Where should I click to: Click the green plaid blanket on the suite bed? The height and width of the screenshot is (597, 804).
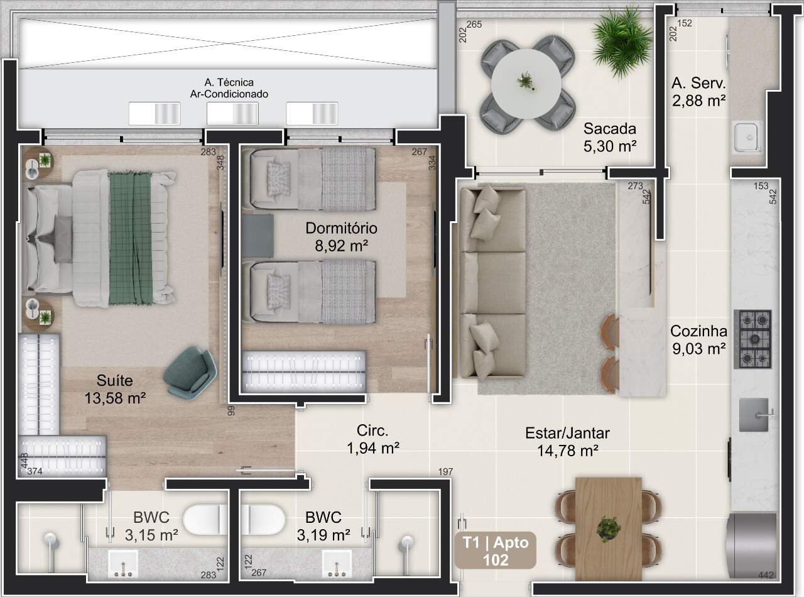tap(131, 238)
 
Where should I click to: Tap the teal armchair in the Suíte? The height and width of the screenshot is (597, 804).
tap(190, 373)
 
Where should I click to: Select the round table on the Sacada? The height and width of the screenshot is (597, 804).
tap(526, 84)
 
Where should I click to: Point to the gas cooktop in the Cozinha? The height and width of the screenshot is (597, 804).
tap(752, 339)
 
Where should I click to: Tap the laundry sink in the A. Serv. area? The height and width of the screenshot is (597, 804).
tap(747, 137)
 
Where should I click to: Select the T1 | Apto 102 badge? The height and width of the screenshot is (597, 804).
tap(496, 551)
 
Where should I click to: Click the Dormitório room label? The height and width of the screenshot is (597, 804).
tap(341, 228)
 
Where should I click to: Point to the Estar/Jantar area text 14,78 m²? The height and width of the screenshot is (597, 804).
tap(567, 451)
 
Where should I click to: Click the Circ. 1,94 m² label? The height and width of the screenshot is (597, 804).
tap(373, 439)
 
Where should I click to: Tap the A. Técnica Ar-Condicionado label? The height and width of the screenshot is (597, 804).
tap(229, 88)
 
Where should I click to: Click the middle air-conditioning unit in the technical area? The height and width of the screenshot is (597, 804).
tap(232, 114)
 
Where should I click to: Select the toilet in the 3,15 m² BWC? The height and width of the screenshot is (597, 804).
tap(205, 520)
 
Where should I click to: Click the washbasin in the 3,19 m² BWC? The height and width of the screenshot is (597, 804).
tap(337, 563)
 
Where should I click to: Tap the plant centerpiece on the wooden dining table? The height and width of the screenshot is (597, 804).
tap(609, 529)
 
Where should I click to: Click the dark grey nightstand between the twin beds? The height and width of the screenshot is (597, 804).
tap(258, 236)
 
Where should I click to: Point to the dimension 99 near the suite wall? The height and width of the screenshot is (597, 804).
tap(231, 410)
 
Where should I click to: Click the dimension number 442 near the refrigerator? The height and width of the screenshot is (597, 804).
tap(766, 575)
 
